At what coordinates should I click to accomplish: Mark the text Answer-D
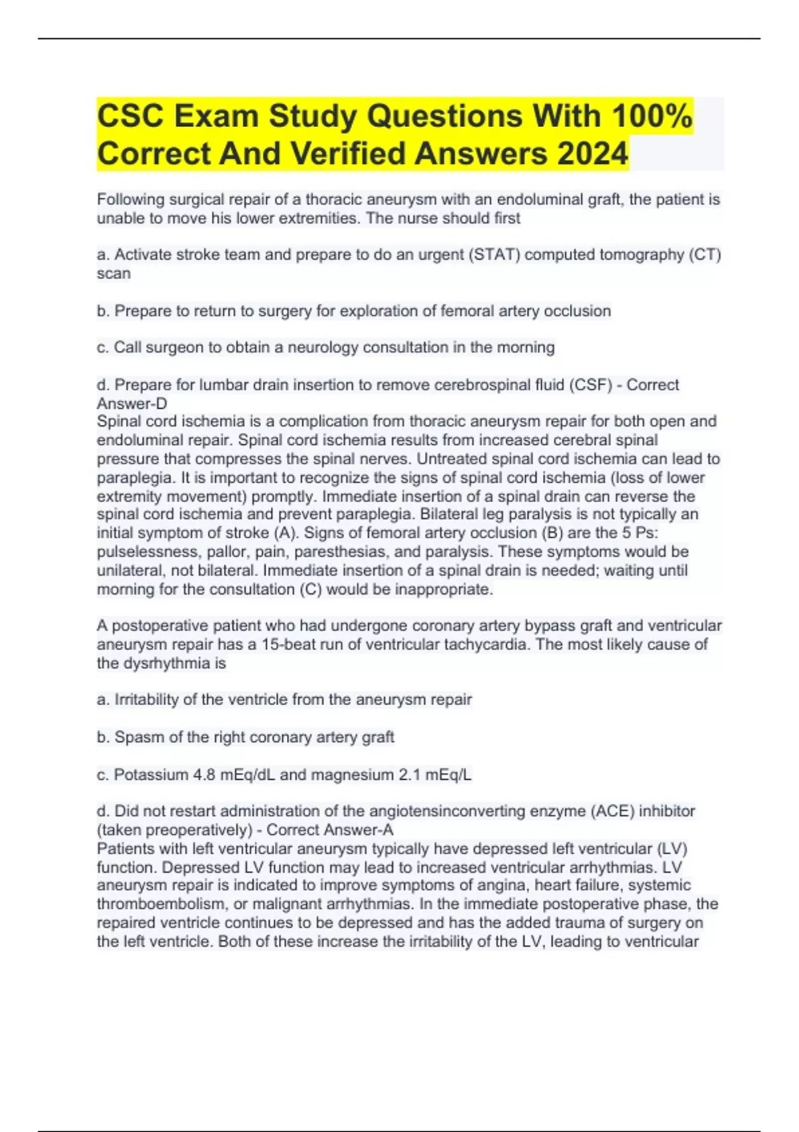(132, 404)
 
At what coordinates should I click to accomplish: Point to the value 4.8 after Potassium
(207, 775)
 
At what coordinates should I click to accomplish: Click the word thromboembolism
(160, 904)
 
